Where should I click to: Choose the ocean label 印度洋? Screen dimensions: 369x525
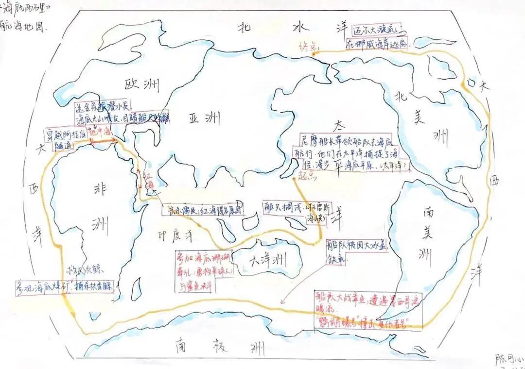(175, 236)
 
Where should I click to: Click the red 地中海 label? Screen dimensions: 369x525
(101, 132)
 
